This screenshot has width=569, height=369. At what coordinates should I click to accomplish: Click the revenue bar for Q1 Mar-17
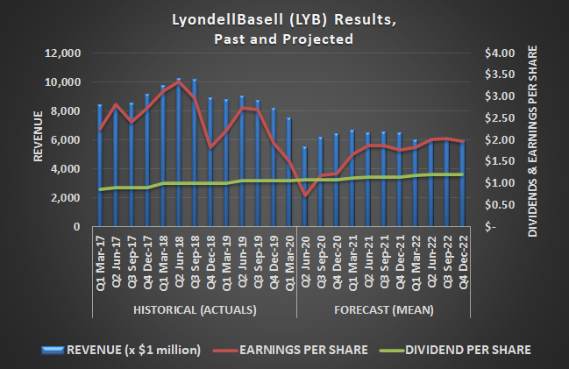[x=99, y=167]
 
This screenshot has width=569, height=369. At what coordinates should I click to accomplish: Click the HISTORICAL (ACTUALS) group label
[x=194, y=309]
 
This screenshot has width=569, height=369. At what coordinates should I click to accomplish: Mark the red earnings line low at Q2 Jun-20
[x=305, y=196]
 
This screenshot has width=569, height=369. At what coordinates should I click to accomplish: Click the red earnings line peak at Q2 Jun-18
[x=179, y=83]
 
